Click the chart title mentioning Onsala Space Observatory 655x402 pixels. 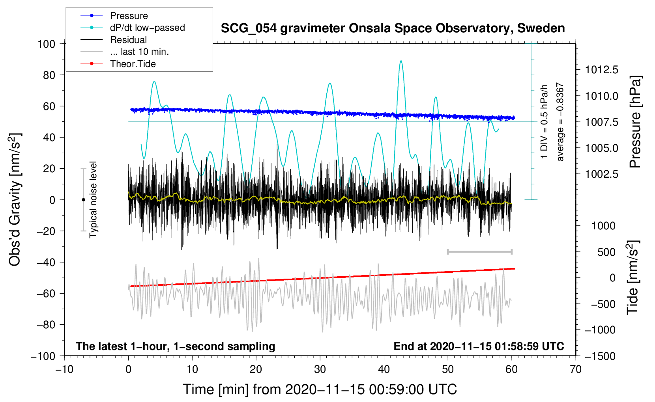[x=393, y=28]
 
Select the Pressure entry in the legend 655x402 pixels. [x=129, y=16]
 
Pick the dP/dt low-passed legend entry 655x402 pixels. [x=147, y=28]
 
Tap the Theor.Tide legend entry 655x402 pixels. [x=133, y=64]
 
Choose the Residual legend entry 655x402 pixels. [x=128, y=40]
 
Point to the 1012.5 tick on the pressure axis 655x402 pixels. [x=601, y=70]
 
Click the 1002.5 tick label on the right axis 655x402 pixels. [x=601, y=174]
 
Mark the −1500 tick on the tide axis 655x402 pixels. [x=600, y=356]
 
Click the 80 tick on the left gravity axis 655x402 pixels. [x=49, y=75]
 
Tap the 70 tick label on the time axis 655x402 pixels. [x=576, y=369]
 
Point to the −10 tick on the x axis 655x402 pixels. [x=64, y=369]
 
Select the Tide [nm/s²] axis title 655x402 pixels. [x=633, y=278]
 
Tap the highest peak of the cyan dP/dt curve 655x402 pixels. [x=401, y=61]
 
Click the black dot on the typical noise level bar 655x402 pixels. [x=83, y=200]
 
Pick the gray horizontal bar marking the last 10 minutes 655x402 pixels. [x=479, y=251]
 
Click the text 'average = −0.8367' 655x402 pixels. [x=560, y=122]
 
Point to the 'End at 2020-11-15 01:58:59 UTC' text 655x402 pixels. [x=479, y=346]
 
